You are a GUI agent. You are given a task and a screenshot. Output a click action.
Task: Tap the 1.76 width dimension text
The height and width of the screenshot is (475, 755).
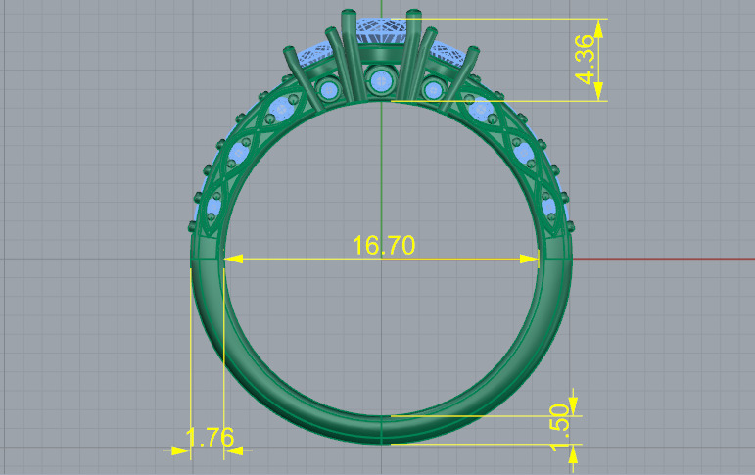point(209,438)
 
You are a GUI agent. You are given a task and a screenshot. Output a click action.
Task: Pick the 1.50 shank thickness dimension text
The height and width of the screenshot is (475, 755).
point(561,428)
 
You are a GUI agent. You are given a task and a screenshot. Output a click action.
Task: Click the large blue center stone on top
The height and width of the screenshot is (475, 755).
point(381,34)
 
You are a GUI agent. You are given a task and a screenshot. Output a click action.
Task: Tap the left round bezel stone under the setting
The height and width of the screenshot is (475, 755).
point(330,91)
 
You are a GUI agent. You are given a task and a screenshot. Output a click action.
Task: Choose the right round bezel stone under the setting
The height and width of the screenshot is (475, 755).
point(431,91)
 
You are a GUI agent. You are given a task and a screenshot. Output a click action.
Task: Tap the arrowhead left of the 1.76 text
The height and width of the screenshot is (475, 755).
point(181,451)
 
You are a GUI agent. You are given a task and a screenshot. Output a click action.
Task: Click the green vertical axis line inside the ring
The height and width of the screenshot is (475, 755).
point(381,176)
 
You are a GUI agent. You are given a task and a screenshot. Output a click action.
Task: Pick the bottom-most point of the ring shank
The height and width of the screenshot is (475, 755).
point(381,444)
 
